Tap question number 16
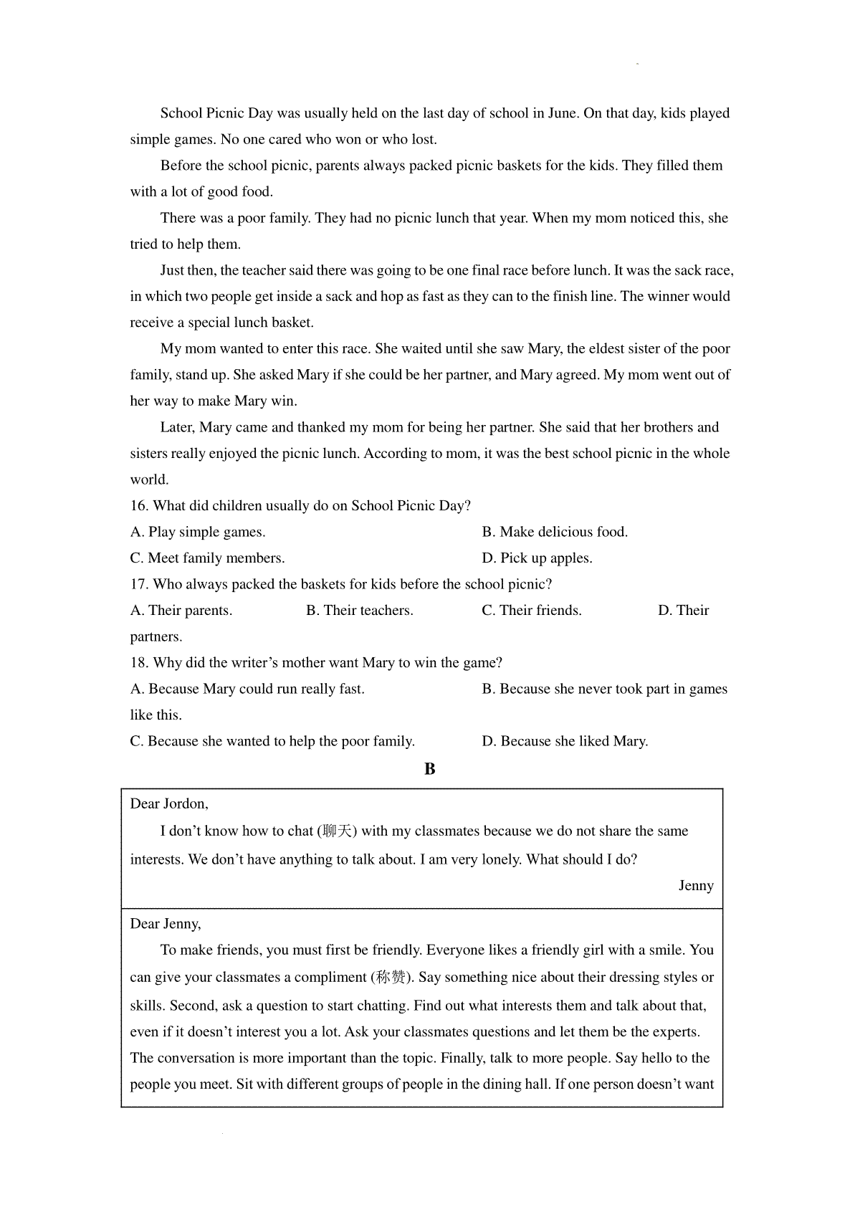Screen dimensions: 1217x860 tap(139, 506)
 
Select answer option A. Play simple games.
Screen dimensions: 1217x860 tap(198, 532)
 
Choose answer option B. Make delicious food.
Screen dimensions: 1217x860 tap(555, 532)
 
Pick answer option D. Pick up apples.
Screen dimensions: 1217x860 tap(537, 558)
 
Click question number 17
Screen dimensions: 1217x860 tap(139, 584)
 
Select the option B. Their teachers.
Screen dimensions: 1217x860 tap(360, 611)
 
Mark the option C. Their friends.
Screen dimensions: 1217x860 tap(532, 611)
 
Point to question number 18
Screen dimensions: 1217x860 tap(139, 663)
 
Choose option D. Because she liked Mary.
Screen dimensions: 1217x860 tap(565, 741)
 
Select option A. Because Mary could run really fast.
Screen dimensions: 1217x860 tap(247, 689)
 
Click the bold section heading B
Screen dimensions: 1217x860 tap(429, 769)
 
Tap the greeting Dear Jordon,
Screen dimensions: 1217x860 tap(169, 804)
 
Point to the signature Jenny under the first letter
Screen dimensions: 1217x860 tap(696, 886)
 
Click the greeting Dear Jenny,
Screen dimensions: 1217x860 tap(166, 924)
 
